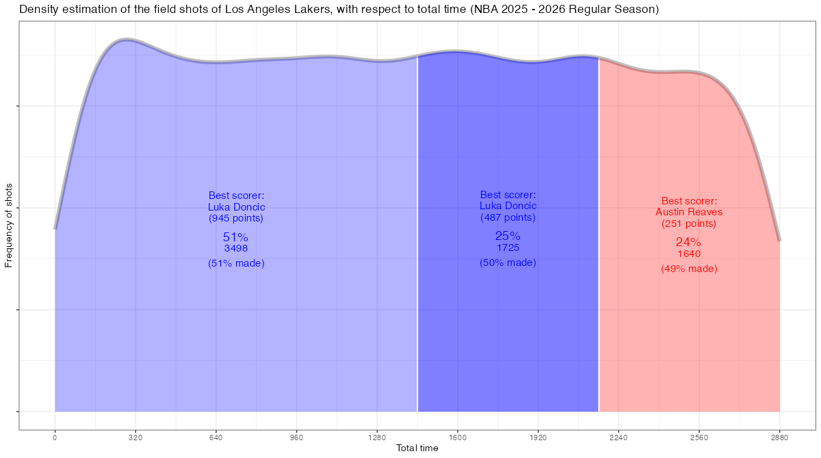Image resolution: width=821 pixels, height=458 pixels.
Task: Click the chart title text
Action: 339,10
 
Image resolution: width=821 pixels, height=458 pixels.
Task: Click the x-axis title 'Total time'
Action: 417,448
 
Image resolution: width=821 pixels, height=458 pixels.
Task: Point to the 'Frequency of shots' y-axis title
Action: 9,225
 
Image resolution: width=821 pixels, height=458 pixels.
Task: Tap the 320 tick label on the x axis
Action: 135,437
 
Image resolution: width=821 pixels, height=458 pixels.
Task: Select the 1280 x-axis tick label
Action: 377,437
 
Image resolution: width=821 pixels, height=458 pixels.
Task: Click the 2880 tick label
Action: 779,437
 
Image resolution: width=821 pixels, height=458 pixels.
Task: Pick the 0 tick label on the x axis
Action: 55,437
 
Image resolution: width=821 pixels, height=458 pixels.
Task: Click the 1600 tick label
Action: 458,437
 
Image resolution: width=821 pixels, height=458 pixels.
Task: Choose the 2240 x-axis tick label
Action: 618,437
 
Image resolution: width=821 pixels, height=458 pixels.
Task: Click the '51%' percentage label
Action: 235,237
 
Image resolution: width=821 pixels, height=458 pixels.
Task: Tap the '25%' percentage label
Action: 508,236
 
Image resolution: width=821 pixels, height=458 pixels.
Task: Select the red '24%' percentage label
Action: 688,242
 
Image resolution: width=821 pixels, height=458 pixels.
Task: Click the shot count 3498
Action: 235,249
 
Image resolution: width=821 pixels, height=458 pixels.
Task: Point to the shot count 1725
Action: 508,247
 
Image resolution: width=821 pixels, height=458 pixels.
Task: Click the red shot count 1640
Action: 689,254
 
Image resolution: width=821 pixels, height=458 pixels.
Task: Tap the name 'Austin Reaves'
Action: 689,212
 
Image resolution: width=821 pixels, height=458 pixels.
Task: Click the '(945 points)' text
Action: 235,219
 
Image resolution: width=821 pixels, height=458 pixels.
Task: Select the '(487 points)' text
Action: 508,217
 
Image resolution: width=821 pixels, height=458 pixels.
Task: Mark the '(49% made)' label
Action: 689,269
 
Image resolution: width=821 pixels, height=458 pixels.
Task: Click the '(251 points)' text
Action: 689,224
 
